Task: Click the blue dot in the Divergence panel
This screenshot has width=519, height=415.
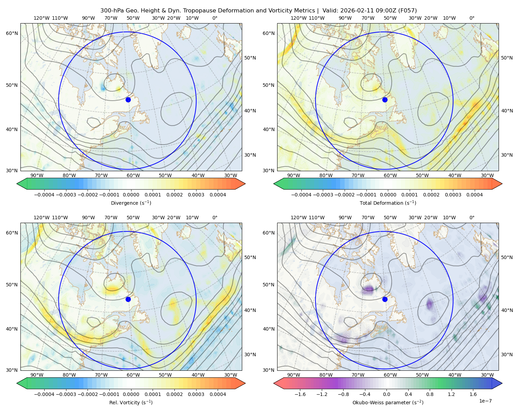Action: coord(128,100)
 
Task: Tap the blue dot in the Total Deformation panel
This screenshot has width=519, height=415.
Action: coord(385,100)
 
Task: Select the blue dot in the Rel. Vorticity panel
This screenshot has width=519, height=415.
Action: coord(128,299)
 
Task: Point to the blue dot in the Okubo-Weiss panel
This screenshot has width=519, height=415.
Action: coord(385,299)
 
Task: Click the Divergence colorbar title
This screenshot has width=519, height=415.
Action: coord(131,203)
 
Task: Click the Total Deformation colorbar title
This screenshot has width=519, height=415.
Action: coord(388,203)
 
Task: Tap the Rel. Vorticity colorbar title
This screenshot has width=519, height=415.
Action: coord(131,402)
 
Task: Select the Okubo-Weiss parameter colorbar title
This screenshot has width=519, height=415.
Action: coord(388,402)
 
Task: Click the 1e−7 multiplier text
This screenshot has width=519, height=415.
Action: coord(485,401)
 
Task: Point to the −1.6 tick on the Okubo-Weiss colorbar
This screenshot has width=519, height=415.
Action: coord(300,394)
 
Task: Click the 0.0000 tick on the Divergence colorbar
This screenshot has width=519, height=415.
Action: coord(131,195)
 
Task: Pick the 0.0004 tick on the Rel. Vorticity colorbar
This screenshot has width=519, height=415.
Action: coord(218,394)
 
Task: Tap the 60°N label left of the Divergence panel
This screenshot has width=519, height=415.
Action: coord(12,33)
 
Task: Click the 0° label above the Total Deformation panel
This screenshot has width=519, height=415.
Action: coord(472,18)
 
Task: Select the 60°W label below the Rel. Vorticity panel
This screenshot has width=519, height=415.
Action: coord(133,375)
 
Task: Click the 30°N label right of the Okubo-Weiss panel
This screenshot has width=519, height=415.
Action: coord(507,354)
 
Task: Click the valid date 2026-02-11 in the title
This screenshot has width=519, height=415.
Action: coord(350,10)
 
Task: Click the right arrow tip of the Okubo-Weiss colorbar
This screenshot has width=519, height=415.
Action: coord(502,383)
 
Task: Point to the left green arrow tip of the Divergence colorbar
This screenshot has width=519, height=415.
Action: coord(17,184)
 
